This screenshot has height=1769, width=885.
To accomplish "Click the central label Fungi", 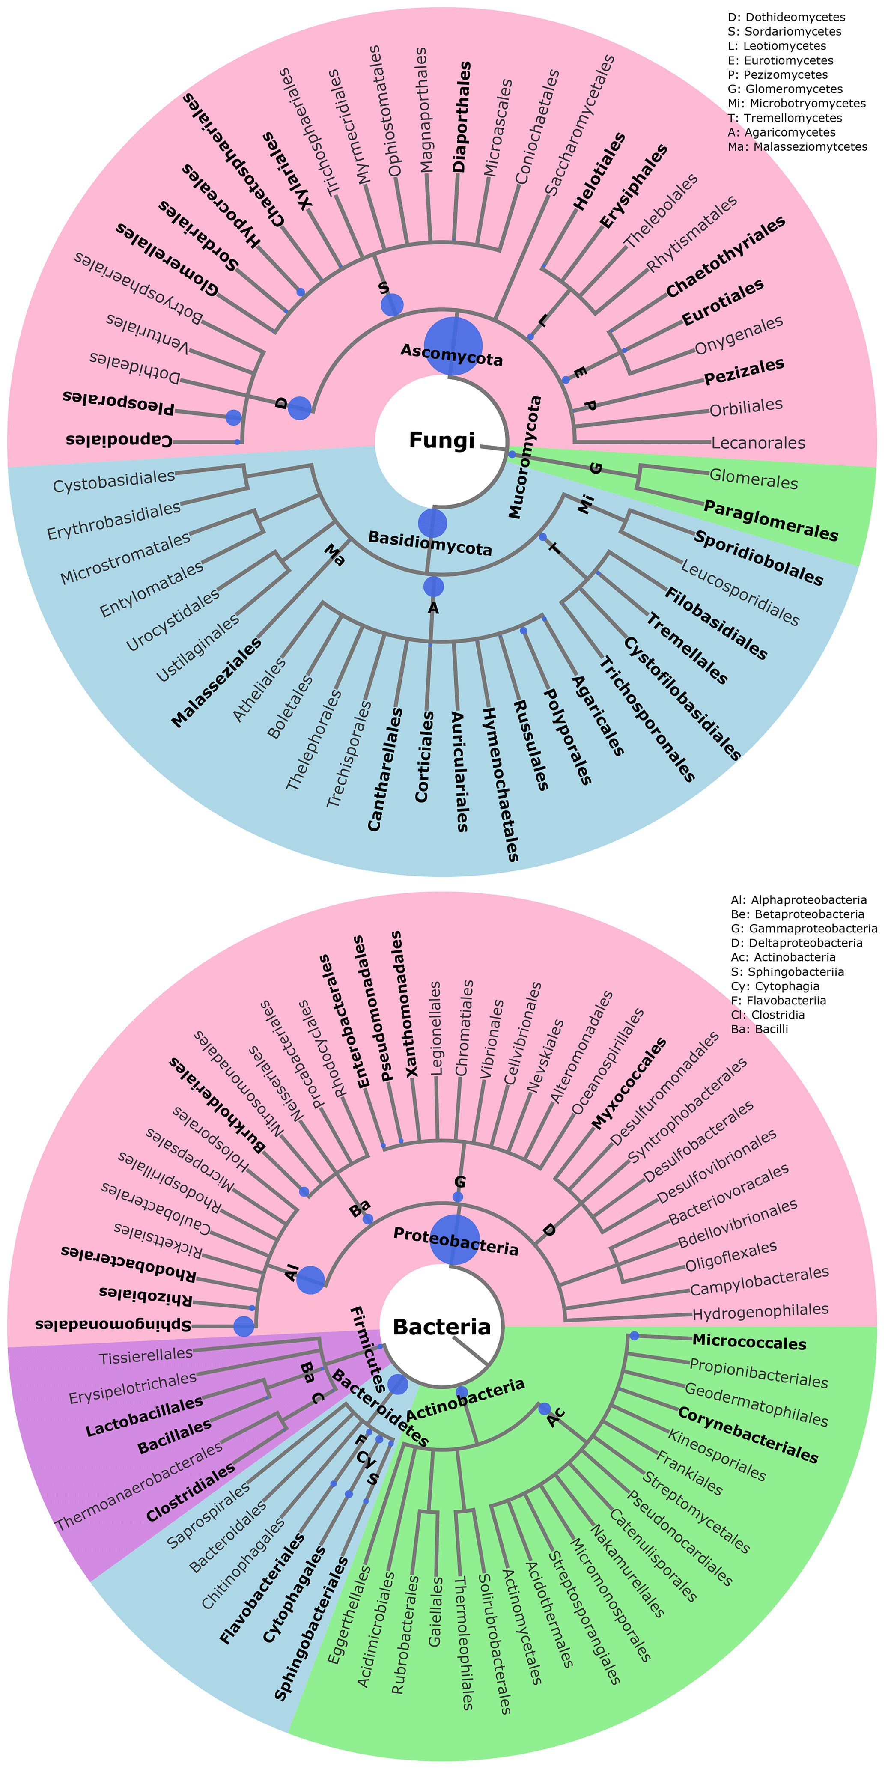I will pos(441,440).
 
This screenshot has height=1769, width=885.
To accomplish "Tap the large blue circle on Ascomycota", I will pos(453,346).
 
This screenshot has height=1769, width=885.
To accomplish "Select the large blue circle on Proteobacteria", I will pos(454,1239).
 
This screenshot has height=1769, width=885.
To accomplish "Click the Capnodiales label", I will pos(119,440).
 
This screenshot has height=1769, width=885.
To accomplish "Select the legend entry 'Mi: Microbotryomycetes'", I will pos(796,104).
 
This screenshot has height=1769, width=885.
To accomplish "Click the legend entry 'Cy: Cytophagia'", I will pos(777,986).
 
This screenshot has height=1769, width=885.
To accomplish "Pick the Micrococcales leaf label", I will pos(749,1341).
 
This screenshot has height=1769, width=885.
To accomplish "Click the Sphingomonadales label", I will pos(113,1325).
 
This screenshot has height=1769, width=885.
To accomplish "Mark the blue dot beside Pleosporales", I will pos(233,417).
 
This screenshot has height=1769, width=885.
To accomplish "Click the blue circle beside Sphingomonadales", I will pos(244,1326).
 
